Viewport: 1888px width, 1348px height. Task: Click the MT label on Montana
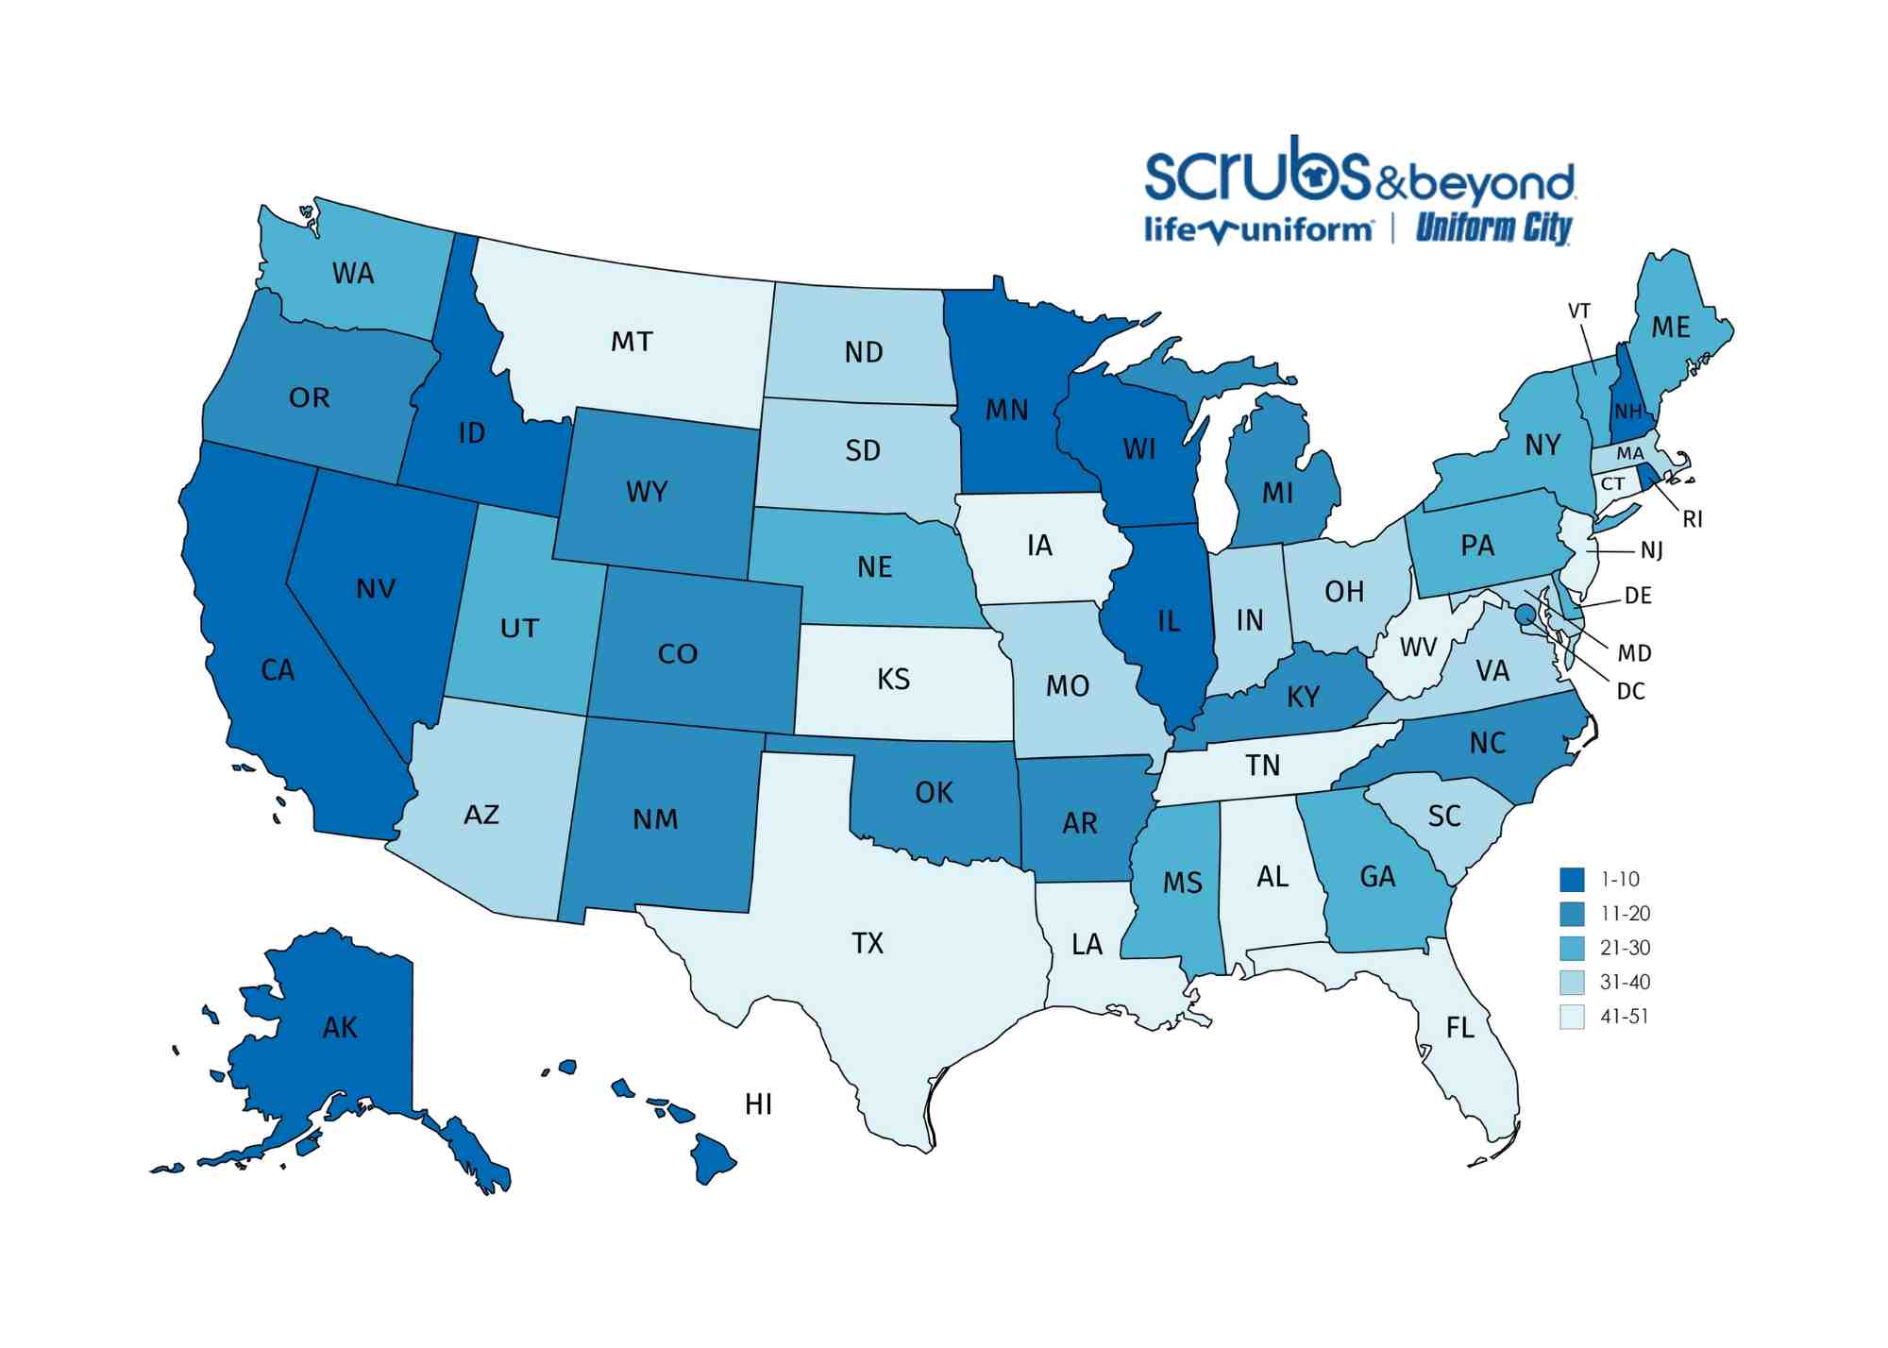[632, 342]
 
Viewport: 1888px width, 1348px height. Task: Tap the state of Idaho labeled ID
[471, 433]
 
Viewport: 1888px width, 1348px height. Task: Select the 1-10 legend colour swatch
[1572, 880]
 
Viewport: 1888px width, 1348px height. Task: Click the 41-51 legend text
[1625, 1017]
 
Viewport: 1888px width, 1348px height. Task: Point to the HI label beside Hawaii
[758, 1104]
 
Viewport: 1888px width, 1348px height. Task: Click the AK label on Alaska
[340, 1027]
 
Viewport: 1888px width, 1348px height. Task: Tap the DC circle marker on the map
[1524, 615]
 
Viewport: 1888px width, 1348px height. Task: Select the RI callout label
[1693, 519]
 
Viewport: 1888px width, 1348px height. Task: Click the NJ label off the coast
[1652, 550]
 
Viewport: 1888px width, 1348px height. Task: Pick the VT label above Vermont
[1579, 312]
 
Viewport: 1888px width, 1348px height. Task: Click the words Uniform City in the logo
[1492, 228]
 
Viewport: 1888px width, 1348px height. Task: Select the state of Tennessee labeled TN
[1263, 766]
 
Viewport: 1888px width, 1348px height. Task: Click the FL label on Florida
[1460, 1028]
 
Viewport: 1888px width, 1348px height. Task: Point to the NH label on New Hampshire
[1628, 412]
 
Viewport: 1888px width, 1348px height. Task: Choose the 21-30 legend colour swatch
[1572, 948]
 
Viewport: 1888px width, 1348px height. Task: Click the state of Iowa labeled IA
[1039, 546]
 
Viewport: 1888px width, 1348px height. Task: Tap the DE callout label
[1638, 596]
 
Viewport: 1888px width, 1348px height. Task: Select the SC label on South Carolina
[1444, 816]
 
